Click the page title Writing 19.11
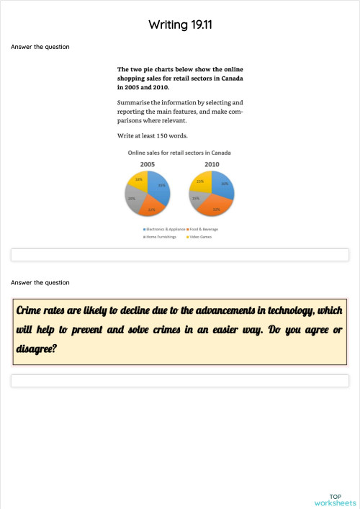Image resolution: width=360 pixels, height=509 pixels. tap(180, 24)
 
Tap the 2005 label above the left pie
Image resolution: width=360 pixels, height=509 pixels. tap(147, 164)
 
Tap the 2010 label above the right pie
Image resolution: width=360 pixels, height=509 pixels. tap(212, 164)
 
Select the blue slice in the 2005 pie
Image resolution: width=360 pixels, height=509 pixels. tap(160, 186)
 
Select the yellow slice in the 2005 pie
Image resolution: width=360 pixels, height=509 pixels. tap(138, 181)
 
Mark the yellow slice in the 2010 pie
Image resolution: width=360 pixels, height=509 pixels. tap(201, 183)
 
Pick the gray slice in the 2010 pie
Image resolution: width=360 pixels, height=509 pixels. tap(195, 199)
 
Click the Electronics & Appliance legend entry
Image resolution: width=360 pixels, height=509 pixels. tap(161, 229)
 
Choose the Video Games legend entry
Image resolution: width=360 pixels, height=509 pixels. tap(198, 236)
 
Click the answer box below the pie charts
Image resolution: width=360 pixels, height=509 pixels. tap(180, 255)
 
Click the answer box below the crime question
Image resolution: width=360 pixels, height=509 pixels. tap(180, 380)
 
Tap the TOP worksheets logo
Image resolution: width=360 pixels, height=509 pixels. tap(335, 500)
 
